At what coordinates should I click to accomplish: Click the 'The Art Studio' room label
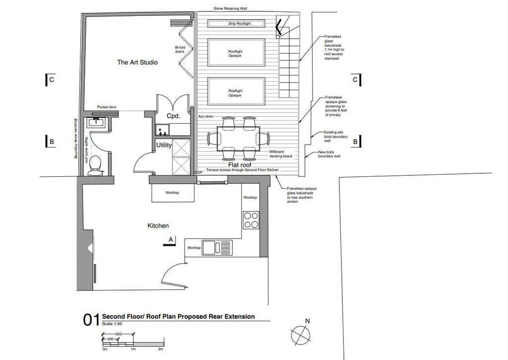click(137, 62)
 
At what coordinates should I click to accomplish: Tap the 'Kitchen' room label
click(158, 226)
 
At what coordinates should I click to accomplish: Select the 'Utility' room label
click(164, 145)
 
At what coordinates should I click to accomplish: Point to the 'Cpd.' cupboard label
click(173, 116)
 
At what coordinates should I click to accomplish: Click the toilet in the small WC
click(96, 165)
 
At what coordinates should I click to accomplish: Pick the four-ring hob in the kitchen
click(251, 220)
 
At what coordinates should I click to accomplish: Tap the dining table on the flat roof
click(238, 139)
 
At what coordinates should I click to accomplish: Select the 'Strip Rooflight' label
click(240, 24)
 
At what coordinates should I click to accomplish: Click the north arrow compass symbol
click(301, 335)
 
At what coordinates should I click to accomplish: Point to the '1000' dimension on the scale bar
click(118, 334)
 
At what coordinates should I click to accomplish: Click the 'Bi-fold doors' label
click(180, 49)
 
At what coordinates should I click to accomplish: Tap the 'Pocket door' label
click(107, 107)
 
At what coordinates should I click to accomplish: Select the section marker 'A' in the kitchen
click(171, 240)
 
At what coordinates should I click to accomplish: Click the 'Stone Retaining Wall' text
click(230, 8)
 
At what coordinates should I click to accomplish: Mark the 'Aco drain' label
click(206, 116)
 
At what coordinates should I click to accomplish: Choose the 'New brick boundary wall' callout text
click(329, 154)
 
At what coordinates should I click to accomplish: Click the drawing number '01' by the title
click(91, 320)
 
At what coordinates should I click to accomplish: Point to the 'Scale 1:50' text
click(112, 324)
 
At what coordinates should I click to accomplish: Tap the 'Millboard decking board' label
click(281, 154)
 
